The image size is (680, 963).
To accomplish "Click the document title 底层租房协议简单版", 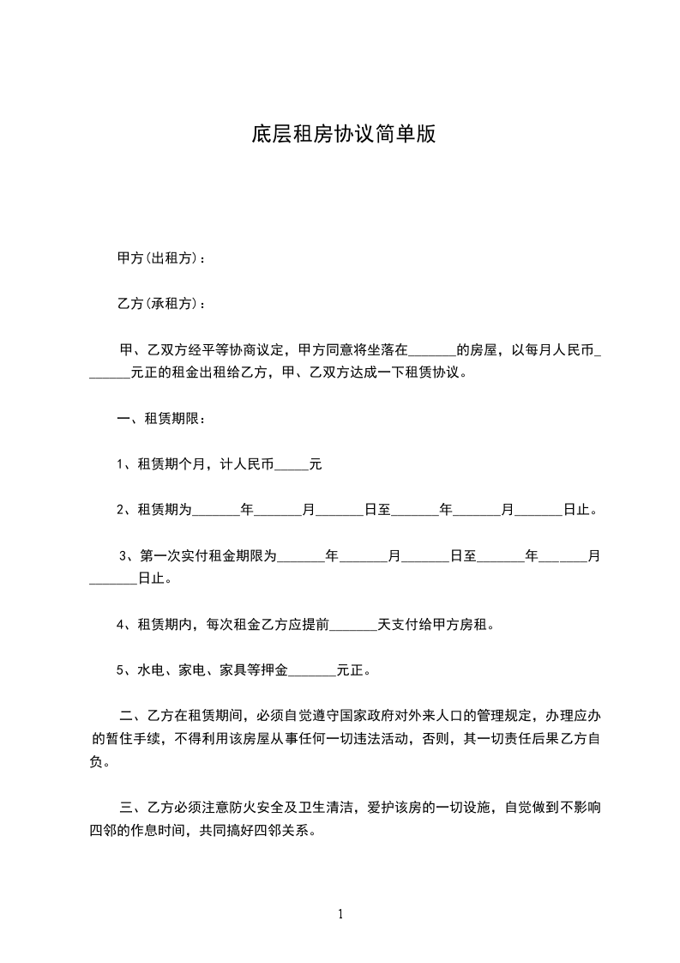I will (x=343, y=135).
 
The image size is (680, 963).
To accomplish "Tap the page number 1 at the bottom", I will (x=340, y=914).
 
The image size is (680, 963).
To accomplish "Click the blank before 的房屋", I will (x=432, y=351).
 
